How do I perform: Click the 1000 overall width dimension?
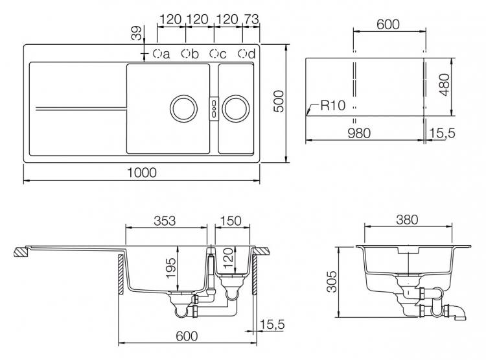tap(142, 173)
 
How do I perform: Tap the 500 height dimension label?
tap(279, 101)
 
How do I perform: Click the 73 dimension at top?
tap(250, 19)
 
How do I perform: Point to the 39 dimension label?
tap(136, 33)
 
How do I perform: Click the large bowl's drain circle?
tap(184, 108)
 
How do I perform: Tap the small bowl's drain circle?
tap(236, 108)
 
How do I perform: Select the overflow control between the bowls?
tap(214, 108)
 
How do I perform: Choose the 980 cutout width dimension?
tap(359, 133)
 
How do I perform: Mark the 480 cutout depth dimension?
tap(445, 85)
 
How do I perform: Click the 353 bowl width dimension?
tap(165, 221)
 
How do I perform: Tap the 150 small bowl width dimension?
tap(231, 221)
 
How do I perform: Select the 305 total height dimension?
tap(332, 282)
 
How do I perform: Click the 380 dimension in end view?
tap(407, 220)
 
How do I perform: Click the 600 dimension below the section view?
tap(187, 336)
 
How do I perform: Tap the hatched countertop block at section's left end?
tap(22, 251)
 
